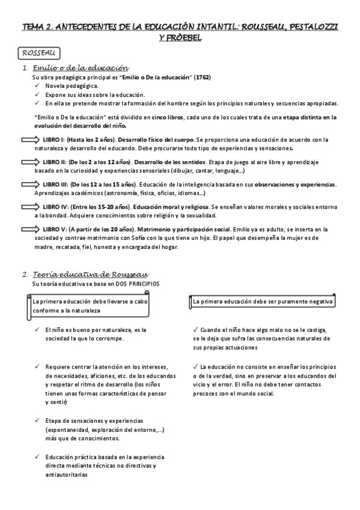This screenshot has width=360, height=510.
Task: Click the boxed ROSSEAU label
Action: click(38, 54)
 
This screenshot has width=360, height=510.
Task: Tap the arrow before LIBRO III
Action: click(29, 184)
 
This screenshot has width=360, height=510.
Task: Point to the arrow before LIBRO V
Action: click(29, 229)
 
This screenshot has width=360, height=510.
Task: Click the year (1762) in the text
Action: click(201, 78)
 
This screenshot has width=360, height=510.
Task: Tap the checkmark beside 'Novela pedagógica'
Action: click(37, 87)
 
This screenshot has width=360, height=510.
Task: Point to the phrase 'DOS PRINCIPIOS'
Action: click(139, 283)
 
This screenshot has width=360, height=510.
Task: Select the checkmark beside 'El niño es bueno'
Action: click(37, 330)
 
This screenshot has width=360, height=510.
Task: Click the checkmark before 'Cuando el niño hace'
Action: click(196, 330)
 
